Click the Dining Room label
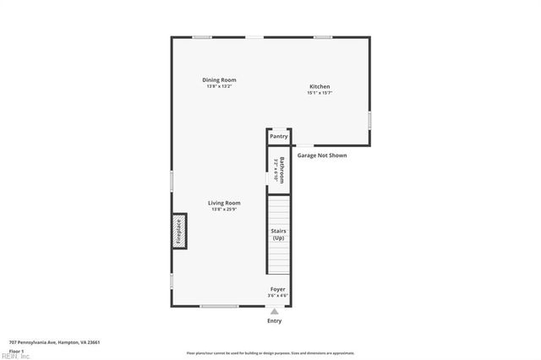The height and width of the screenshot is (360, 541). [218, 80]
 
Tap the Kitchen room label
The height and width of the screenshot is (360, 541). [320, 87]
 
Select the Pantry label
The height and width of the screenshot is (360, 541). [279, 136]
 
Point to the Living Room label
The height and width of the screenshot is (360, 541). [226, 203]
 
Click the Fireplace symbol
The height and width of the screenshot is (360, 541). [179, 232]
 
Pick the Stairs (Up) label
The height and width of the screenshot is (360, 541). [278, 234]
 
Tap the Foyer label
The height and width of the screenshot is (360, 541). [277, 289]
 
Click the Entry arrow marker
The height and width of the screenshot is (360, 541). [275, 311]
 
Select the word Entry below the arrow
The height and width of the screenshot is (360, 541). [275, 321]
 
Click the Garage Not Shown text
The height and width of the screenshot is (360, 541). [322, 155]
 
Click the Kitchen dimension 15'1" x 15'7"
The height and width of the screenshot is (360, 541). [320, 93]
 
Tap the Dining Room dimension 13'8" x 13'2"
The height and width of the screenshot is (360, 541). [218, 86]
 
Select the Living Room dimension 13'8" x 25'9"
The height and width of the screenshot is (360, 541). [226, 209]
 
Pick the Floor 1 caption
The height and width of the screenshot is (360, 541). [16, 350]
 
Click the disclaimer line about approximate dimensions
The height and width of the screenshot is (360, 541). [270, 353]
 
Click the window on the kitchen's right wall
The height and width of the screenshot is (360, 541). [369, 121]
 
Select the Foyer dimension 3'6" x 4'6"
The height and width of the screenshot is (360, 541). [277, 296]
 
